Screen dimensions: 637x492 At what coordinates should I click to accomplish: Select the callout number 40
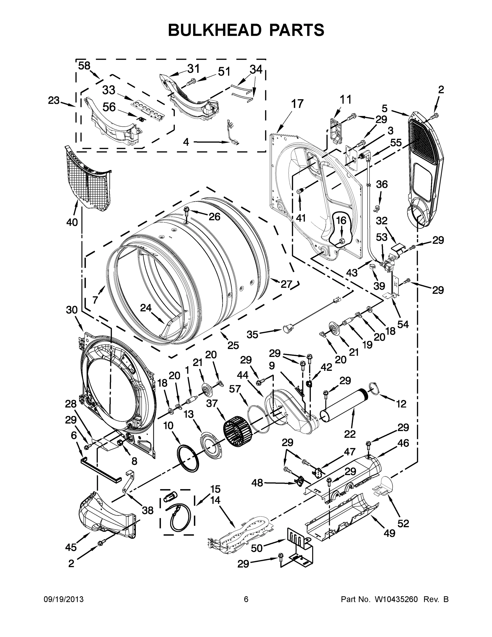click(x=72, y=222)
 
